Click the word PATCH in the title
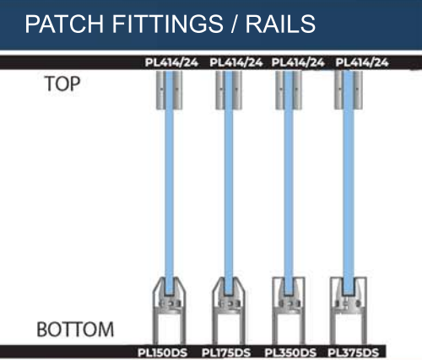[x=64, y=24]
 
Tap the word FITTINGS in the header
[x=168, y=24]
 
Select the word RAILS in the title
[x=280, y=24]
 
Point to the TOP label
[x=62, y=83]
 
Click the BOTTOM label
[x=75, y=330]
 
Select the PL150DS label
[x=162, y=352]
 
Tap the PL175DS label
[x=226, y=352]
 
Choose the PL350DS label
[x=290, y=352]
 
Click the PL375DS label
[x=354, y=352]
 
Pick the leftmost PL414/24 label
[x=171, y=62]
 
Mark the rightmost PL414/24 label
[x=362, y=62]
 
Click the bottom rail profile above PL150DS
[x=169, y=311]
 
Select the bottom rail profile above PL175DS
[x=228, y=311]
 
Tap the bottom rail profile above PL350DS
[x=289, y=311]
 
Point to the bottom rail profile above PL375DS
[x=349, y=311]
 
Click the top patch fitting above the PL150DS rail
[x=170, y=90]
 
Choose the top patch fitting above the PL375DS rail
[x=349, y=90]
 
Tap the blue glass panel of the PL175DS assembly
[x=229, y=183]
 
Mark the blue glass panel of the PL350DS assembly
[x=289, y=183]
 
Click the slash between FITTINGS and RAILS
[x=235, y=24]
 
